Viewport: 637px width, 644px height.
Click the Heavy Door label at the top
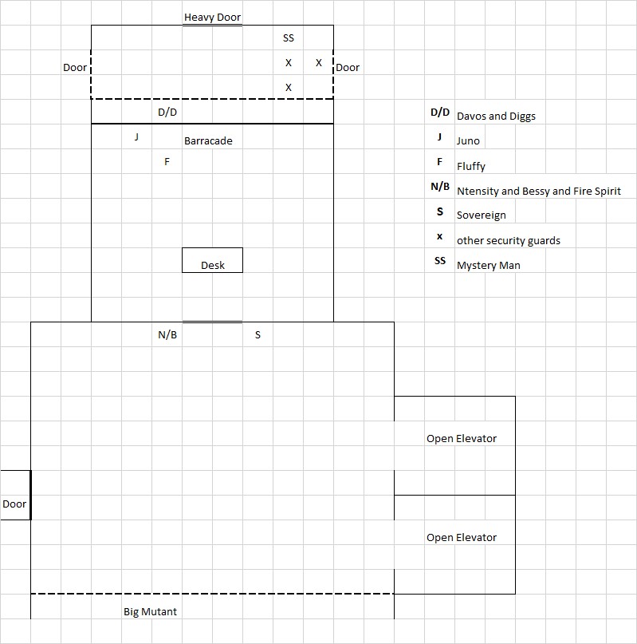click(x=212, y=17)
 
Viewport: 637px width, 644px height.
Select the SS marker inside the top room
click(x=289, y=38)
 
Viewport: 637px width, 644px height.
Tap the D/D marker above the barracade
click(x=167, y=113)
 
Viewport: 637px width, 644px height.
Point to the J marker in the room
click(x=137, y=137)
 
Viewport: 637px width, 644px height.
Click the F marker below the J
click(x=167, y=162)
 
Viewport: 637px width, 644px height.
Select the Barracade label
click(x=208, y=141)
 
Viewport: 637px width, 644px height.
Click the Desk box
click(x=212, y=261)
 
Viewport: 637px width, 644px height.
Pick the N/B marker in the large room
click(x=167, y=335)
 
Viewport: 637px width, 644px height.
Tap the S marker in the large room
click(x=258, y=335)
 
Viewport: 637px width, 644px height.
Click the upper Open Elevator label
click(x=462, y=439)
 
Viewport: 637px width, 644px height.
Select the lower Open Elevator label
click(x=462, y=538)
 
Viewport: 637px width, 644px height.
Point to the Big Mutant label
click(x=150, y=612)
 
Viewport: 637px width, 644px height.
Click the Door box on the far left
click(x=14, y=504)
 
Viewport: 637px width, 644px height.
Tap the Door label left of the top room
click(x=75, y=68)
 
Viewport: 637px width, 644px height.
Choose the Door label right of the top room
click(x=348, y=68)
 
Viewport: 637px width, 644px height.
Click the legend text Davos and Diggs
click(x=496, y=117)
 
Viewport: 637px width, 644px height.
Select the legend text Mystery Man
click(x=488, y=265)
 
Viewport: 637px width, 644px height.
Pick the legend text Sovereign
click(x=481, y=215)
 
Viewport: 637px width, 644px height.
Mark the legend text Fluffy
click(x=471, y=167)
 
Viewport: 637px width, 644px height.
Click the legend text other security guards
click(x=509, y=241)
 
